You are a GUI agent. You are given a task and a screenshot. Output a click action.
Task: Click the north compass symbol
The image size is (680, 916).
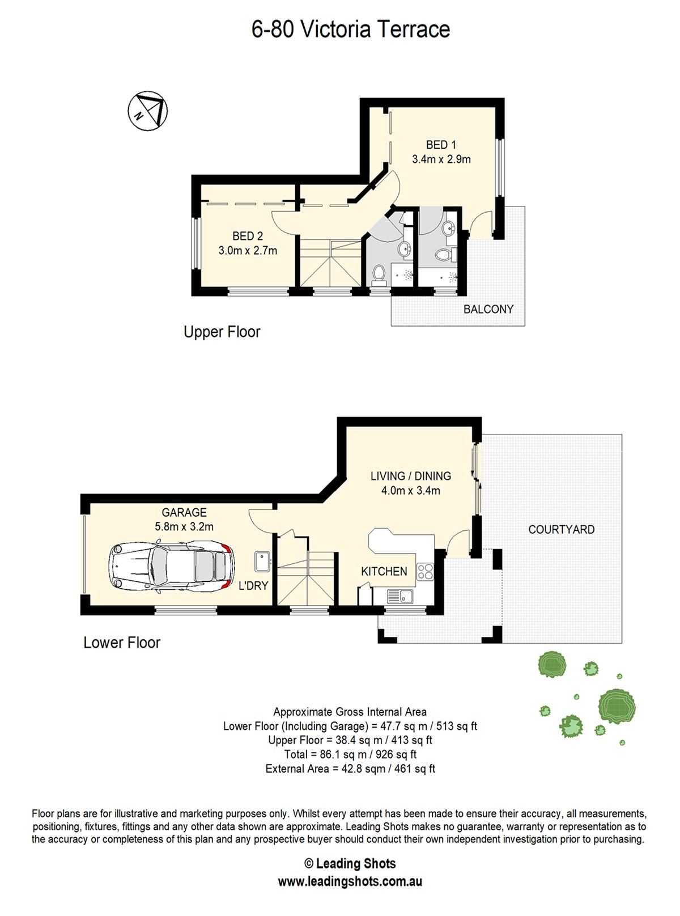pyautogui.click(x=148, y=111)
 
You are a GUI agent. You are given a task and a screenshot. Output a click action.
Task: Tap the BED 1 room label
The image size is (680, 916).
pyautogui.click(x=441, y=145)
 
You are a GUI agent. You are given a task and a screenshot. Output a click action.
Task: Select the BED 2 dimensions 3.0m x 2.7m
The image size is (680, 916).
pyautogui.click(x=248, y=250)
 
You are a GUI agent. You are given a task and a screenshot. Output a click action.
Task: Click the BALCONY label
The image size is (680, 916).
pyautogui.click(x=488, y=309)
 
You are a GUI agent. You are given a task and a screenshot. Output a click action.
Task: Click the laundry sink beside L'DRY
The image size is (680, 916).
pyautogui.click(x=262, y=562)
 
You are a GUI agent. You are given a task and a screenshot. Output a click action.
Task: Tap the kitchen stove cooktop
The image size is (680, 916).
pyautogui.click(x=425, y=572)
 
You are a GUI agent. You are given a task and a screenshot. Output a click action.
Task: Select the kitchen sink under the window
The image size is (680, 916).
pyautogui.click(x=400, y=596)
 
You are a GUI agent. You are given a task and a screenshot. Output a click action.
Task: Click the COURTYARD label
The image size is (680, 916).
pyautogui.click(x=561, y=529)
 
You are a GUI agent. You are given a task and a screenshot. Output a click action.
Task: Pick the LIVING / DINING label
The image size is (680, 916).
pyautogui.click(x=411, y=476)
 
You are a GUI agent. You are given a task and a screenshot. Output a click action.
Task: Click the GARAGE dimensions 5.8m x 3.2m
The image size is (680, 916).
pyautogui.click(x=184, y=526)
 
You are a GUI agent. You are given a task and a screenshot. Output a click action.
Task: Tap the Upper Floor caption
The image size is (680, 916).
pyautogui.click(x=222, y=332)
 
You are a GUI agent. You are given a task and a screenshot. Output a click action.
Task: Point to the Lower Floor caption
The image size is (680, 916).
pyautogui.click(x=122, y=643)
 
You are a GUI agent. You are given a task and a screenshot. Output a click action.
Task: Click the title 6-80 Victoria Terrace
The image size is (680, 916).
pyautogui.click(x=351, y=29)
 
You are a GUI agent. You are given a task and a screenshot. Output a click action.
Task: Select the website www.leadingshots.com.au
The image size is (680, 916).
pyautogui.click(x=350, y=881)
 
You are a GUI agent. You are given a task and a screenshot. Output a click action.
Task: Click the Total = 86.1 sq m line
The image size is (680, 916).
pyautogui.click(x=350, y=754)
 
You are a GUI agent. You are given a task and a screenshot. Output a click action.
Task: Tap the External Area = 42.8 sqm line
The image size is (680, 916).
pyautogui.click(x=350, y=769)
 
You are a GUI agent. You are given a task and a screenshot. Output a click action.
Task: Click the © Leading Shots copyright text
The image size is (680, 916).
pyautogui.click(x=350, y=863)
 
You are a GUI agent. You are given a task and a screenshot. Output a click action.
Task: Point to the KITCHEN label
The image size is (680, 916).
pyautogui.click(x=384, y=572)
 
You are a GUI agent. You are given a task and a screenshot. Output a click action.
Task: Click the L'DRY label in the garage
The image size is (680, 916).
pyautogui.click(x=253, y=585)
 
